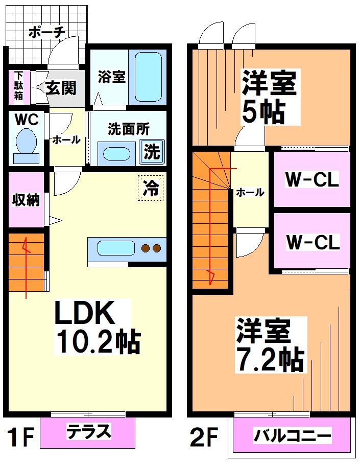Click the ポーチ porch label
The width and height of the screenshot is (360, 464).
[x=46, y=32]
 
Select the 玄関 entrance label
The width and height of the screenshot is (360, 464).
[x=61, y=88]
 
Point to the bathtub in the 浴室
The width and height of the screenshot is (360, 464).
[x=149, y=77]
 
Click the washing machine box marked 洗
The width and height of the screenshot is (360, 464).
[x=152, y=152]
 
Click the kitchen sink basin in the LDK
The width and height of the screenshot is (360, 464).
[x=116, y=249]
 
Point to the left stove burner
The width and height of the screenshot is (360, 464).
[x=146, y=249]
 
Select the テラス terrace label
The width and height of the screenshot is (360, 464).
[x=88, y=432]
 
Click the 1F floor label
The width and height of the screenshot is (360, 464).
[x=20, y=437]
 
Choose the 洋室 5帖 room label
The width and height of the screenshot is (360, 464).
[x=269, y=97]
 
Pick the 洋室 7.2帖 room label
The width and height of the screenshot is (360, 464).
[x=269, y=345]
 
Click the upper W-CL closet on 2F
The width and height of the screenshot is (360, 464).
[x=312, y=179]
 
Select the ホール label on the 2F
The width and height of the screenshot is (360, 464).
[x=250, y=193]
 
